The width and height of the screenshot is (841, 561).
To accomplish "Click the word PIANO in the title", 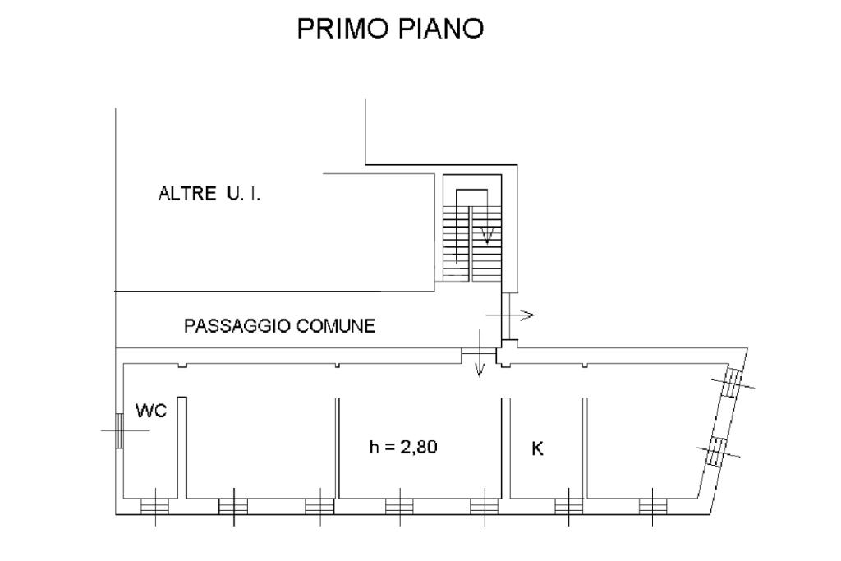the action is coord(443,30).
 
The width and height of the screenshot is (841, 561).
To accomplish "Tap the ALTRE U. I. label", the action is coord(209,195).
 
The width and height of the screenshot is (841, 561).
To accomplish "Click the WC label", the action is coord(152,412).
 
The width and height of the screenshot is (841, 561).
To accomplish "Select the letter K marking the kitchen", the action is coord(539,449).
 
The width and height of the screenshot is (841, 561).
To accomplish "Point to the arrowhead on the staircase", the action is coord(487,238).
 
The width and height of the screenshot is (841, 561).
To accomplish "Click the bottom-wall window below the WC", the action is coord(154,506).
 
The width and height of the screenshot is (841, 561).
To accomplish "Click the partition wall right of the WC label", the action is coord(182,448).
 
